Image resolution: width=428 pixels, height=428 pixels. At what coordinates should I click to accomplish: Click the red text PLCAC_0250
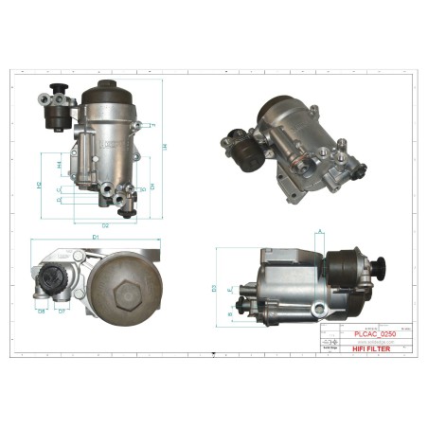click(x=372, y=333)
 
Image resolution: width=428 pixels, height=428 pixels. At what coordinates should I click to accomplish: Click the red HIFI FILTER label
click(x=372, y=348)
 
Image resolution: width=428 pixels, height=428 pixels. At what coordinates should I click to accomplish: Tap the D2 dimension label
click(x=105, y=225)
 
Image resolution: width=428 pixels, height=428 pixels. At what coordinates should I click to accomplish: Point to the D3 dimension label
click(x=215, y=287)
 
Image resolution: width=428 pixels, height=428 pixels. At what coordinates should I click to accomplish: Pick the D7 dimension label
click(x=62, y=311)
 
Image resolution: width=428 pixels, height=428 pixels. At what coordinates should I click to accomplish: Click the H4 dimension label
click(x=59, y=165)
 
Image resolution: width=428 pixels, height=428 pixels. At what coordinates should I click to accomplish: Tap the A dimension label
click(x=322, y=230)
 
